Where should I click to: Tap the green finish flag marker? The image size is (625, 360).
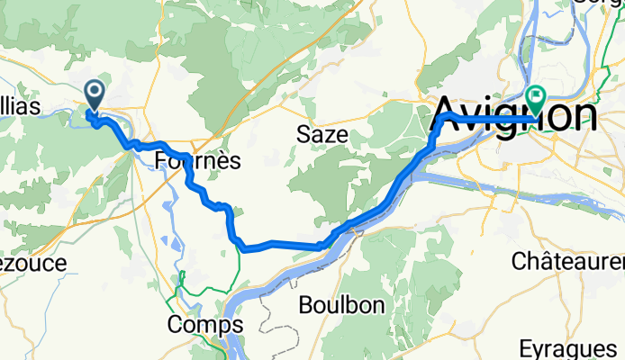click(537, 96)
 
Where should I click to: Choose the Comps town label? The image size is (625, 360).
click(205, 324)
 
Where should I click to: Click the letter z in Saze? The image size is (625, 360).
click(328, 135)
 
